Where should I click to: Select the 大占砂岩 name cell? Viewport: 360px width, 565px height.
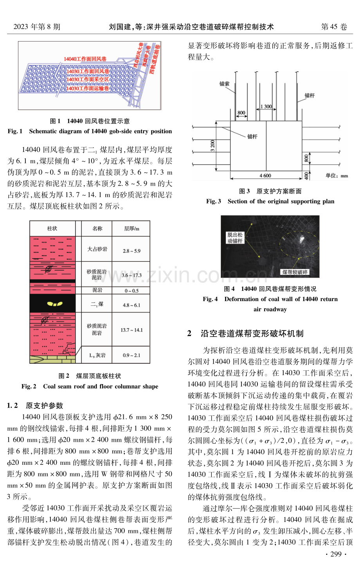[97, 249]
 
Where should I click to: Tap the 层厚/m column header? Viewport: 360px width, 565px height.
[131, 229]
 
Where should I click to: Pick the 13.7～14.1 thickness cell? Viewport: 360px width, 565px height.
[131, 330]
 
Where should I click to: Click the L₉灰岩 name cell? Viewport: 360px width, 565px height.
[97, 355]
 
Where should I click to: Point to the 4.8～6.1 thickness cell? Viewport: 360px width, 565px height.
[131, 305]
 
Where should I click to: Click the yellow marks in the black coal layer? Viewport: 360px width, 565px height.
[55, 304]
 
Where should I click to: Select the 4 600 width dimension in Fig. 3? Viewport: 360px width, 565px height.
[265, 175]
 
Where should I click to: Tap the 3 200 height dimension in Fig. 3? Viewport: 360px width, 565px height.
[212, 146]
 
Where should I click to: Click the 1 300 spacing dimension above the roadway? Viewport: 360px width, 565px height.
[266, 107]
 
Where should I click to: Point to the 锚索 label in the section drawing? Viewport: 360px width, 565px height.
[224, 84]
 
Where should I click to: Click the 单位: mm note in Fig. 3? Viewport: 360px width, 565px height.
[337, 175]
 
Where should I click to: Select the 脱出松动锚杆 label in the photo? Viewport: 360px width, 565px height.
[235, 238]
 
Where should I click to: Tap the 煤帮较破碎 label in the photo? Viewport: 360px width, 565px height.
[295, 272]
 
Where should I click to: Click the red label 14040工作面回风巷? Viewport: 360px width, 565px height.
[85, 59]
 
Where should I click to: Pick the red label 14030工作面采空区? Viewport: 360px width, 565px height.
[88, 79]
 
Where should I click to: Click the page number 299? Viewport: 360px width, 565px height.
[336, 554]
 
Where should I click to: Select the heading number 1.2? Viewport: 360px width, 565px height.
[13, 405]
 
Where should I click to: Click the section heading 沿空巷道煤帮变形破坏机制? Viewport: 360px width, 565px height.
[252, 334]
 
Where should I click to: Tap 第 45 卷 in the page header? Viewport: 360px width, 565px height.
[334, 27]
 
